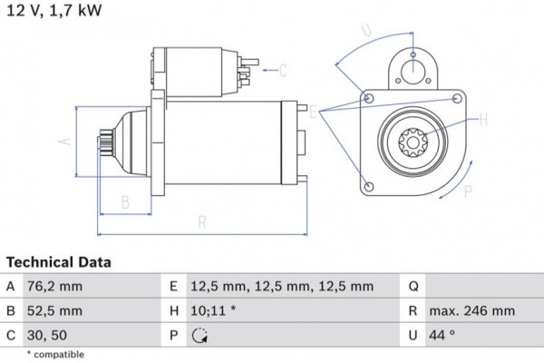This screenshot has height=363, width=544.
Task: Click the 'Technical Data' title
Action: pos(58,262)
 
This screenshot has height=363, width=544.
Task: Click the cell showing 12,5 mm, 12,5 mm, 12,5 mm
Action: pos(282,287)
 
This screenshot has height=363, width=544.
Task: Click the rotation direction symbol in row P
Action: pos(200,336)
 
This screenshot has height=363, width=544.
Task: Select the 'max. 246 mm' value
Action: pos(474,311)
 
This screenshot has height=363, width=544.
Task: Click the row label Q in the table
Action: pos(413,287)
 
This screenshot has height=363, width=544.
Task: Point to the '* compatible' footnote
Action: pos(55,354)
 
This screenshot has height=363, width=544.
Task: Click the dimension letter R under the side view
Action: pos(202,221)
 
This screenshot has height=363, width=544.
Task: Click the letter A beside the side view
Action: pos(64,142)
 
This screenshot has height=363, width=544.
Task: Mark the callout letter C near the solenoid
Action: pos(283,70)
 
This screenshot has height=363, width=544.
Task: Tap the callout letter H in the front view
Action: pos(482,118)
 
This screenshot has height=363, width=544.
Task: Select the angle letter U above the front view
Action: pos(366,32)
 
